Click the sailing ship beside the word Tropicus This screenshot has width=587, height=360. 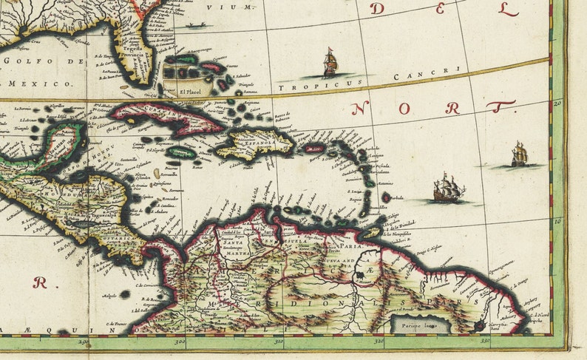330,64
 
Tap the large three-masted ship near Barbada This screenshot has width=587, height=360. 447,189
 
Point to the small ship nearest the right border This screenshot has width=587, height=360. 520,154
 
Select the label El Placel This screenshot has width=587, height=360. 190,92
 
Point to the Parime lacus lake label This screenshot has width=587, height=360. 412,322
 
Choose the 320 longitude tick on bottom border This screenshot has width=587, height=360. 379,342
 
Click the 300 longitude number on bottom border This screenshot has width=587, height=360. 180,342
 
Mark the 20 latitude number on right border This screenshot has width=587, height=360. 559,103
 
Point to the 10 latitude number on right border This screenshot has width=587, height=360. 559,220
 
